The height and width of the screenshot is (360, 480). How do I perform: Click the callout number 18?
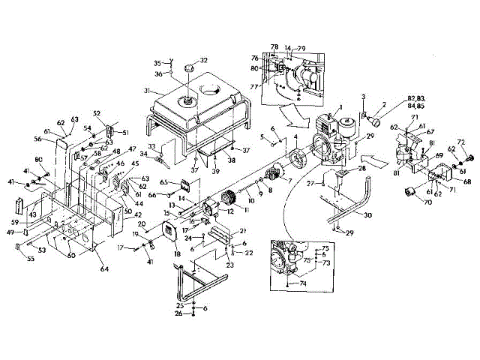tap(178, 254)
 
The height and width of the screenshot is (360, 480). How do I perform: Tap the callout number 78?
tap(274, 46)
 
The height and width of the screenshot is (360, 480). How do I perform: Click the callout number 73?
tap(325, 265)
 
